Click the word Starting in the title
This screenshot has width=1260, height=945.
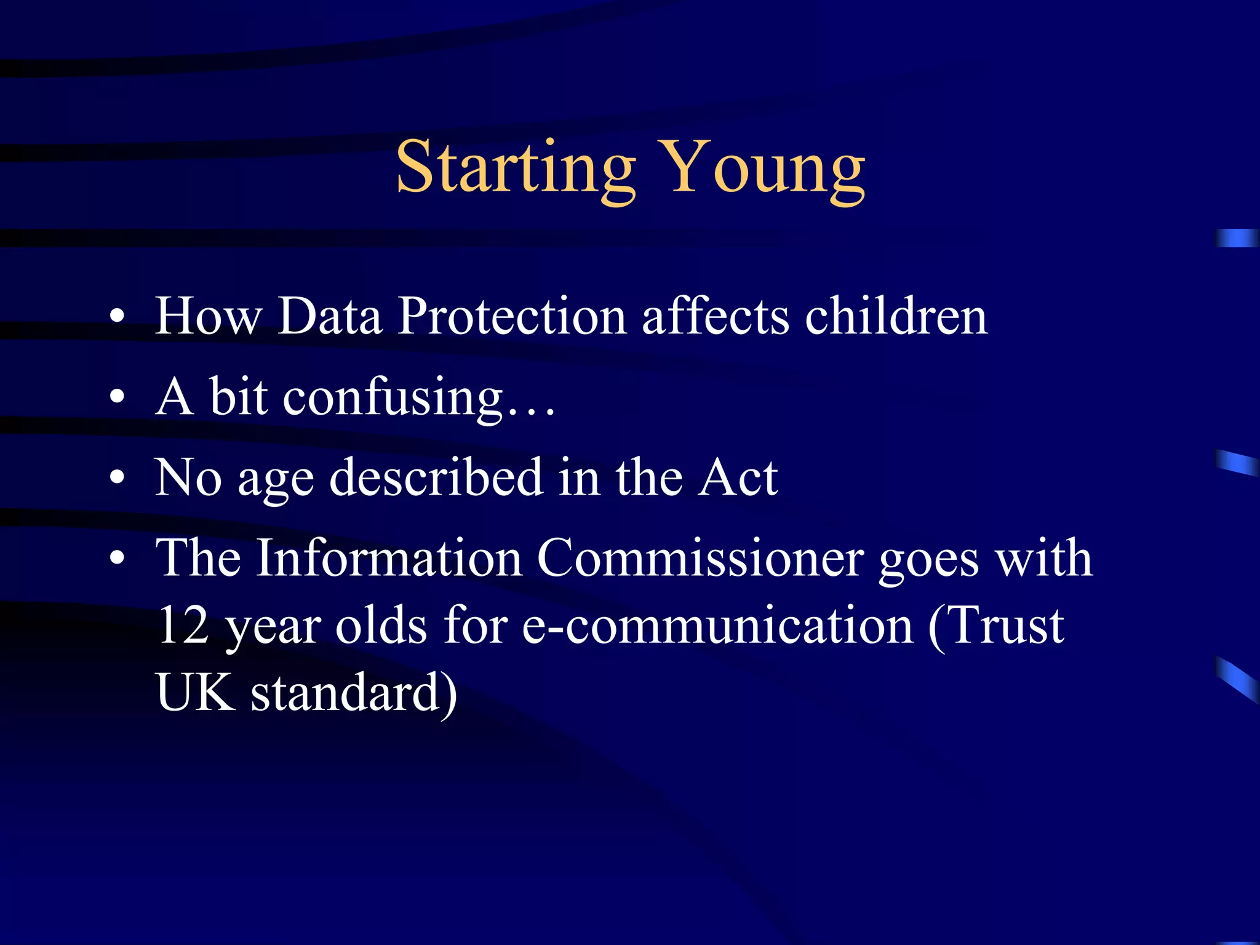516,167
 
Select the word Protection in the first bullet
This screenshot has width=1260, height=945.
512,316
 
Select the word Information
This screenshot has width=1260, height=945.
389,559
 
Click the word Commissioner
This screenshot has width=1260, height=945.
700,559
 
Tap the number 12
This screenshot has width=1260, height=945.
183,626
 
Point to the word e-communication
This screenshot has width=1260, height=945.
717,626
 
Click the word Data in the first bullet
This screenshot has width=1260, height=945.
330,316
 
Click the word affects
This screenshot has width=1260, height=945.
715,316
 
